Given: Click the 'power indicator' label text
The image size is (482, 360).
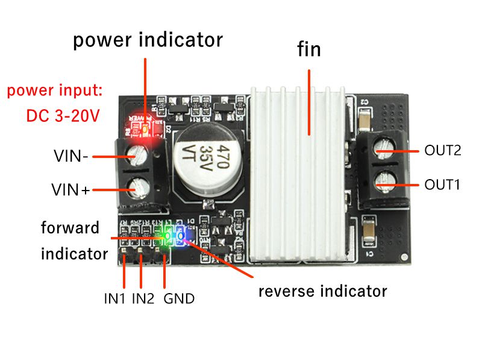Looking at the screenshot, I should pos(148,40).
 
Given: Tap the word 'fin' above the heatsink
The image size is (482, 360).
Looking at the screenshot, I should pos(309,49).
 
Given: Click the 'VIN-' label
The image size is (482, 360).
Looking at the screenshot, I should pos(71,157).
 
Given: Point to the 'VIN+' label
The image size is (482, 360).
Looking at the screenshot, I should pos(70,191).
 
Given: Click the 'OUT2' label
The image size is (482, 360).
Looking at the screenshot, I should pos(442,151).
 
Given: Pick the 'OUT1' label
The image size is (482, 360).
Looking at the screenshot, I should pos(442,185).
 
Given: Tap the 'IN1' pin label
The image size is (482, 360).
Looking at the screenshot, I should pos(113,298).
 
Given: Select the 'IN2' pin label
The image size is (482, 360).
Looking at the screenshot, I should pos(143,298).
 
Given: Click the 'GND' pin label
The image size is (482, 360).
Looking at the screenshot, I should pos(179,298).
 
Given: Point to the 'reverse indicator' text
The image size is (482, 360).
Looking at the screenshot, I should pos(322,291).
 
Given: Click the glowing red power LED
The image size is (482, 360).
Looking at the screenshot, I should pos(145,128).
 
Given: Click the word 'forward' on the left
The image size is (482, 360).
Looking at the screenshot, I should pos(70,228).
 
